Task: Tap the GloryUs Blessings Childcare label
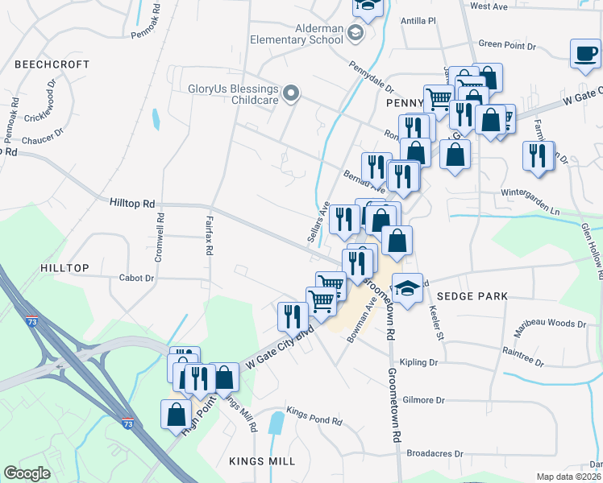[233, 94]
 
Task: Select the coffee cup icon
[586, 54]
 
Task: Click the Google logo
[27, 473]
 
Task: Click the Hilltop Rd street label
[131, 204]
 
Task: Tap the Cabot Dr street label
[136, 278]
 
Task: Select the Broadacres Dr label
[435, 453]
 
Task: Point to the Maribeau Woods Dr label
[550, 324]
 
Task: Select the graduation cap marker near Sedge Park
[408, 288]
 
